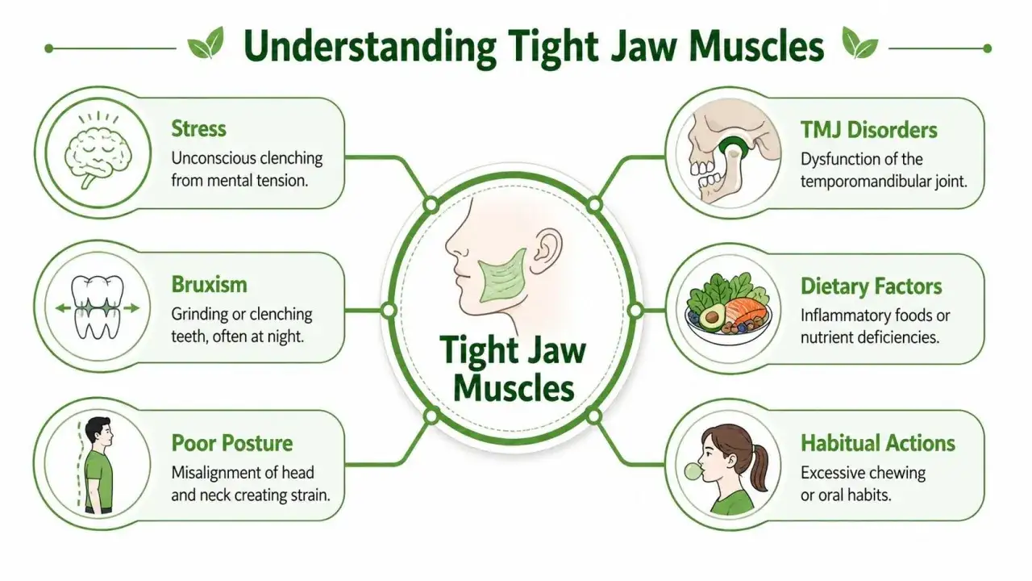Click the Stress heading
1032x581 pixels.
coord(198,128)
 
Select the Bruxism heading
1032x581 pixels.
coord(209,285)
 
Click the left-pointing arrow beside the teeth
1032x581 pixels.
coord(63,308)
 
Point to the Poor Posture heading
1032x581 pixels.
coord(231,443)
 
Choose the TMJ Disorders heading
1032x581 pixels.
coord(868,130)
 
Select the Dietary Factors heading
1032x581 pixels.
coord(872,286)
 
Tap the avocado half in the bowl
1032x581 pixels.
coord(712,319)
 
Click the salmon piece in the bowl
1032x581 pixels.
coord(747,311)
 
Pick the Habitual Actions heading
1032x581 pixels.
coord(878,443)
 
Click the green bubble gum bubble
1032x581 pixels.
coord(693,470)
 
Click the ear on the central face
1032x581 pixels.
coord(550,250)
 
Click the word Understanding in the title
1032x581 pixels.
coord(370,48)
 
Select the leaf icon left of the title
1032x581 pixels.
coord(206,43)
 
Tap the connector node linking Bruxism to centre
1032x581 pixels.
coord(389,311)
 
